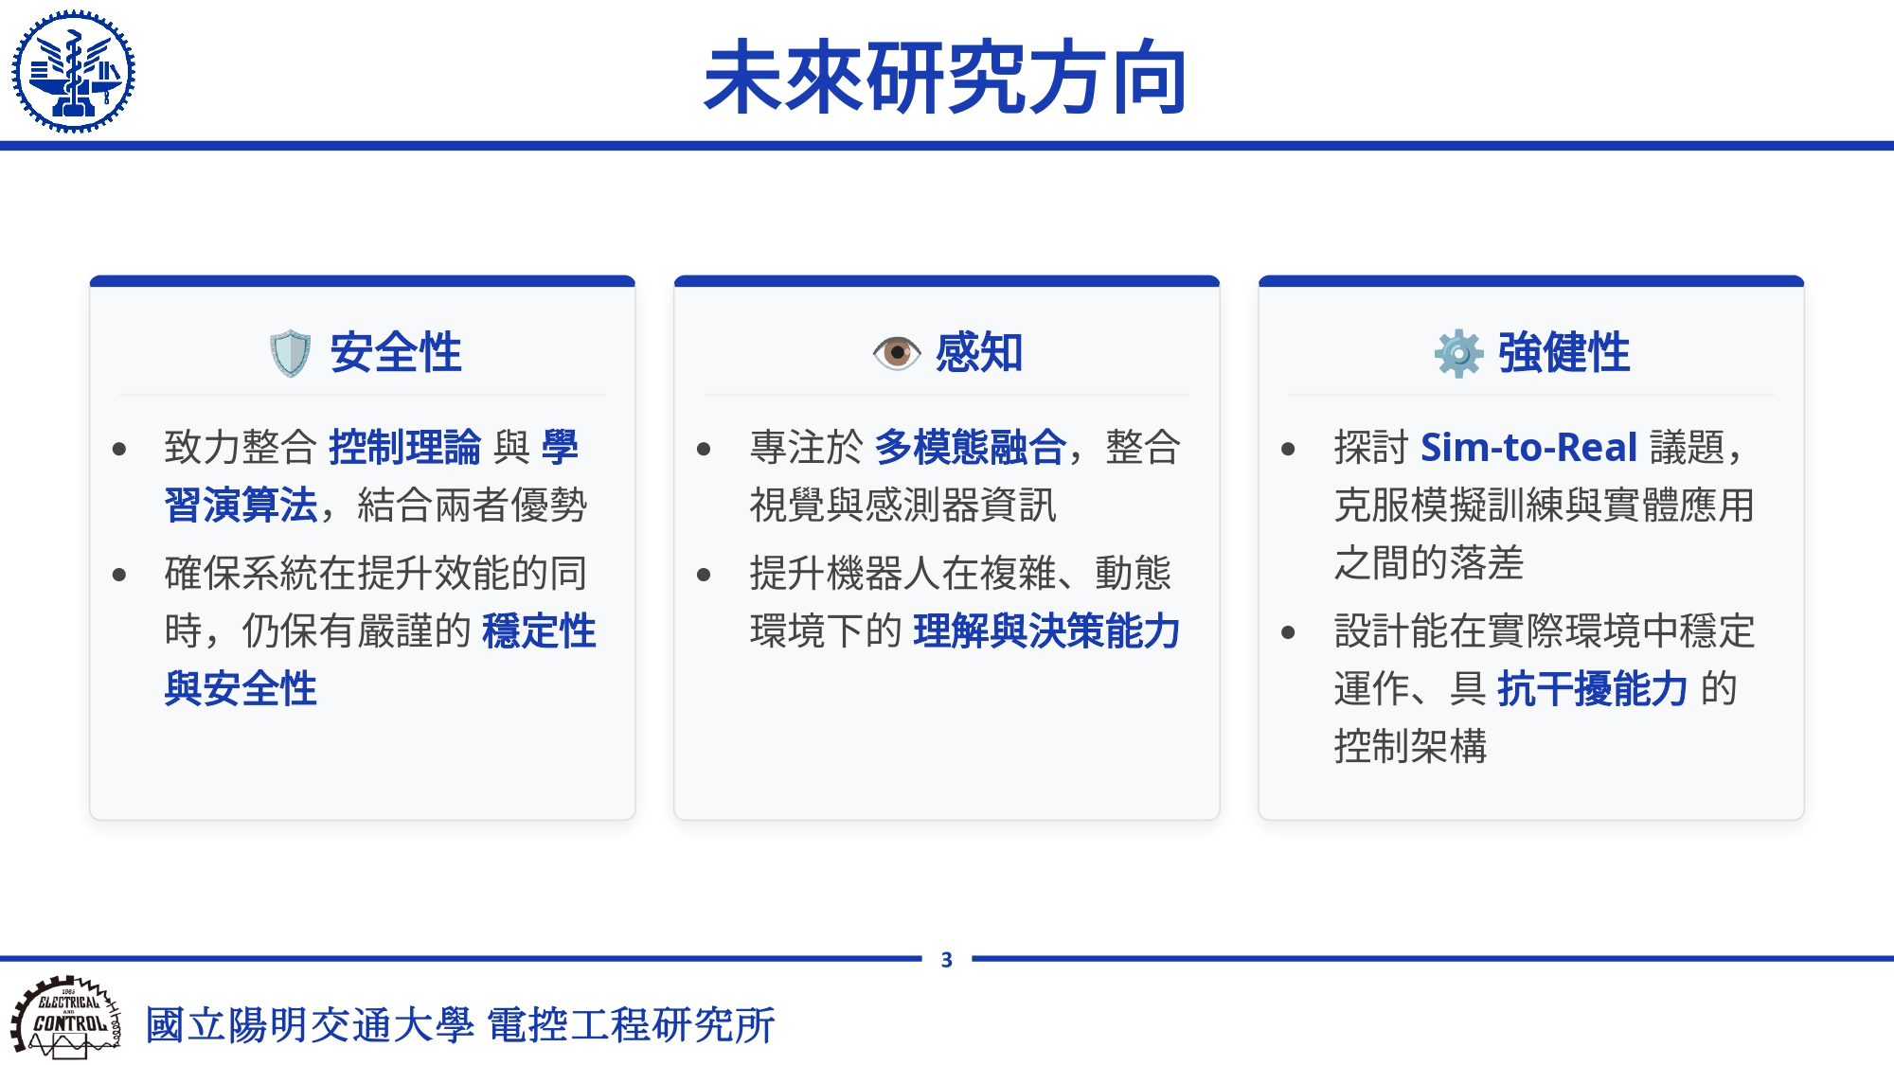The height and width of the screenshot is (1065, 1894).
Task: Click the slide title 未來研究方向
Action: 946,77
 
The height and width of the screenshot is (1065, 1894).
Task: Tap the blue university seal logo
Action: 73,71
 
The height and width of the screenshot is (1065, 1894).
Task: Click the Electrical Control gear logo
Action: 66,1018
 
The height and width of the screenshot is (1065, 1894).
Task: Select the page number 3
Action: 946,960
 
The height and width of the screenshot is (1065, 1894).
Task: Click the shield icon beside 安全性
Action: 290,353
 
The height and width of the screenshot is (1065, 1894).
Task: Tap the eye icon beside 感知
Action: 896,353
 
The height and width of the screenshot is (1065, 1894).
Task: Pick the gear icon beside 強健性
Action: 1458,353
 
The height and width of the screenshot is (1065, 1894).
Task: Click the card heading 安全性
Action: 396,353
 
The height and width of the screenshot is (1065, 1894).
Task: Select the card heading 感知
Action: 979,353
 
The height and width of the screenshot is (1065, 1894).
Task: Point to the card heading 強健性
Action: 1564,353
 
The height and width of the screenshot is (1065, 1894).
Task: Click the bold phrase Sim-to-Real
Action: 1529,447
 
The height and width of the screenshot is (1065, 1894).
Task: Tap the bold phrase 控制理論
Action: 405,447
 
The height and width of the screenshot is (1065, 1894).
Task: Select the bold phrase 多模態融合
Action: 971,447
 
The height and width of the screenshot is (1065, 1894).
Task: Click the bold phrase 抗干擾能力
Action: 1593,688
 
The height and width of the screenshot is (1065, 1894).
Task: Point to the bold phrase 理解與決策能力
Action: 1046,630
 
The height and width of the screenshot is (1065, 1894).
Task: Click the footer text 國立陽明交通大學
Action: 310,1025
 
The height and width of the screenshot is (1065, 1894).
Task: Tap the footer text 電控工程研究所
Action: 632,1025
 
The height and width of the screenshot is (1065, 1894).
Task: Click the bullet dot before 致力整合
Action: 119,449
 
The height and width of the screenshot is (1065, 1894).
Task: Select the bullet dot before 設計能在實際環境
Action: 1288,632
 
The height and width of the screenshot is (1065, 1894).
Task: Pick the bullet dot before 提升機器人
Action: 704,575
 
